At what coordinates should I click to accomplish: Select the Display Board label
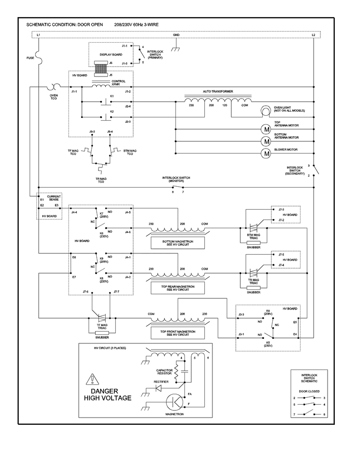(x=111, y=54)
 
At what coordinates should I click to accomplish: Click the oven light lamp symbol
(x=265, y=111)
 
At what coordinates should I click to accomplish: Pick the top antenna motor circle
(x=266, y=129)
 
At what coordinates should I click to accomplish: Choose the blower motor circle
(x=266, y=153)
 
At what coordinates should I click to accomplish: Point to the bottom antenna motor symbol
(x=266, y=141)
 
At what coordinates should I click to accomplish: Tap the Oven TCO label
(x=54, y=97)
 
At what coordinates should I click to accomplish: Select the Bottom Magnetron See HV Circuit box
(x=178, y=243)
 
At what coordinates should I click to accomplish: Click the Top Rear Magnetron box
(x=178, y=288)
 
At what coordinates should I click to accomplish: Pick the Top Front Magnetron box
(x=178, y=333)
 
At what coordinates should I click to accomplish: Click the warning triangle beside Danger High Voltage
(x=92, y=379)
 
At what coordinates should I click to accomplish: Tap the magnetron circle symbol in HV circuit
(x=175, y=402)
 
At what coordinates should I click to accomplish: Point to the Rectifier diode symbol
(x=158, y=388)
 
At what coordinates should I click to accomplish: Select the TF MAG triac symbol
(x=102, y=318)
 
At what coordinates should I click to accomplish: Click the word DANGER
(x=104, y=391)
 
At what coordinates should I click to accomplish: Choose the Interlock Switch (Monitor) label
(x=176, y=180)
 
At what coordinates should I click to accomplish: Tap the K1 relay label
(x=112, y=96)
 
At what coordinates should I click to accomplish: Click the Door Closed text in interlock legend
(x=309, y=391)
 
